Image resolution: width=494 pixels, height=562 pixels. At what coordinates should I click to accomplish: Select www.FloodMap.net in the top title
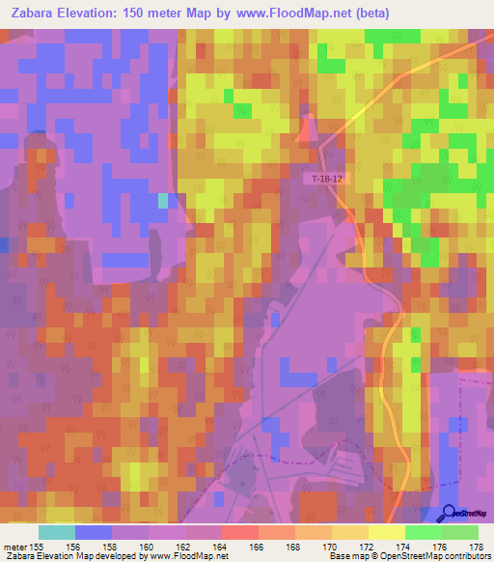point(294,14)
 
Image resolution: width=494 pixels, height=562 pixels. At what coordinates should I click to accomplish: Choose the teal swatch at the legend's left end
point(56,532)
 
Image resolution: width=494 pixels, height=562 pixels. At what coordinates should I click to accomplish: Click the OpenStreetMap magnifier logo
point(450,514)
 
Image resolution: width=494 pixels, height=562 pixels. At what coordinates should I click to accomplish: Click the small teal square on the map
point(162,200)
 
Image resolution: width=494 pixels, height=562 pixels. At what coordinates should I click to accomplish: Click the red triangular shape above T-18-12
point(310,129)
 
